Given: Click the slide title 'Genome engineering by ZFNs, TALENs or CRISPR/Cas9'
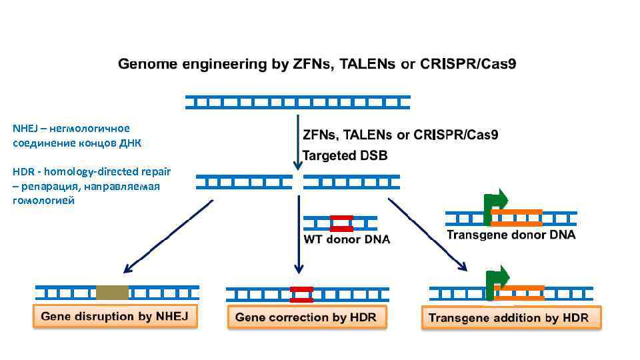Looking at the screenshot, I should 317,65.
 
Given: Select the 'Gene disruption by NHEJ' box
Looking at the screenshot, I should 115,316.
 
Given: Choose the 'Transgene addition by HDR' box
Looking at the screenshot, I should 511,318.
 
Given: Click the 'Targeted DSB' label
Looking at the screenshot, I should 345,155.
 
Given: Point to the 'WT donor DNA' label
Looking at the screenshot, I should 347,240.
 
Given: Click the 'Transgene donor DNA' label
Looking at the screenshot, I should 511,235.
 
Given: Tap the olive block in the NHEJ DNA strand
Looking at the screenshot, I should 112,292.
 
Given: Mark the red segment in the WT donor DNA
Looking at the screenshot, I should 341,223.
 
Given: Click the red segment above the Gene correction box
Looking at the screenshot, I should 301,295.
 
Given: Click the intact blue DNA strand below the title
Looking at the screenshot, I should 297,102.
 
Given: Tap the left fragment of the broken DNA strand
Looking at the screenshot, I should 244,182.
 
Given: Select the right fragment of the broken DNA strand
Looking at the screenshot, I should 351,182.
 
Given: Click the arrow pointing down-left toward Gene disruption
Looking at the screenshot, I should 167,237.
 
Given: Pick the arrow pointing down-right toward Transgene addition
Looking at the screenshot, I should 427,235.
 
